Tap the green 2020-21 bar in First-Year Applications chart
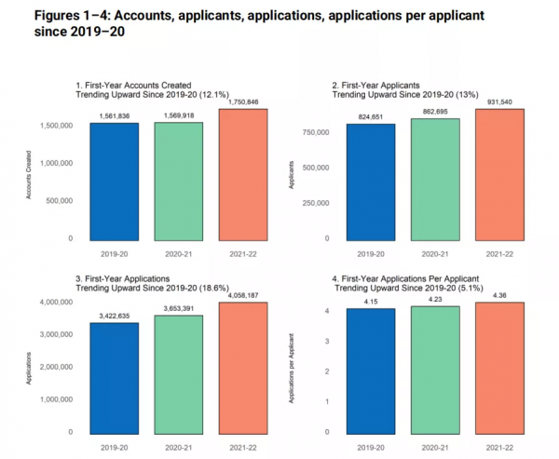(x=177, y=373)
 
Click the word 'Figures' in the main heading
(x=42, y=17)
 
